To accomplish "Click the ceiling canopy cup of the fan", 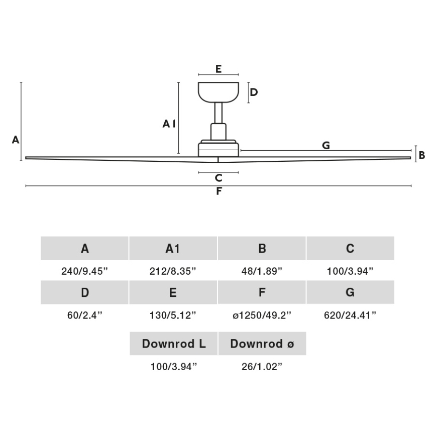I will [x=218, y=91].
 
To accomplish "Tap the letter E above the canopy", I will [x=219, y=69].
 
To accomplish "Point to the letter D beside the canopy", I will [x=254, y=92].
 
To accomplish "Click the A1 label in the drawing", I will [x=169, y=123].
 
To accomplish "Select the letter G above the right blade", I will [x=325, y=145].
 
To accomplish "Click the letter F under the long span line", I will [x=219, y=191].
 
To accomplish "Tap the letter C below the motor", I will [x=218, y=177].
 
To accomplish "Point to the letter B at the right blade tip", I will [x=422, y=155].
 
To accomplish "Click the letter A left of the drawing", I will [x=16, y=140].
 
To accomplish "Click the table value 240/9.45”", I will [x=84, y=271].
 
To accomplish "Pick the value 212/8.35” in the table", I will [x=173, y=271].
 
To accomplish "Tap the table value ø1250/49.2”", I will [x=262, y=315].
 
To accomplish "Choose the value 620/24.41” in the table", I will [x=350, y=315].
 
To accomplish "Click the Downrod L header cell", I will [x=173, y=344].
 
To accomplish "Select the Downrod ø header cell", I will [x=262, y=344].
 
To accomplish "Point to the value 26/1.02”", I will [x=262, y=366].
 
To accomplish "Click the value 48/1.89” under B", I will [x=262, y=271].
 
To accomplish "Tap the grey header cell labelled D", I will [x=84, y=292].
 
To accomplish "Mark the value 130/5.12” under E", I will [x=173, y=315].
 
